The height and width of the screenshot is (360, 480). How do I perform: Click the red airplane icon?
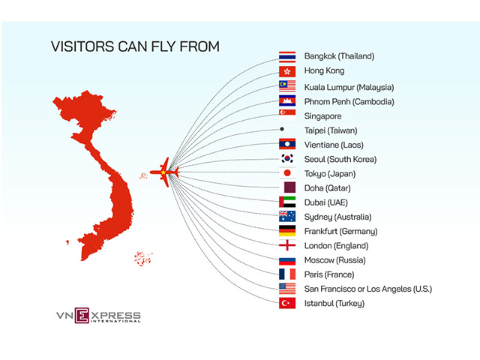point(164,172)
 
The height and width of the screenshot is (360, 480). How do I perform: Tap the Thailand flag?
point(287,57)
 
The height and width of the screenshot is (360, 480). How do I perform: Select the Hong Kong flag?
point(287,71)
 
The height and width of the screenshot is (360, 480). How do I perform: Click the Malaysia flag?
point(287,86)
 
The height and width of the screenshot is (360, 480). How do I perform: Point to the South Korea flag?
point(287,158)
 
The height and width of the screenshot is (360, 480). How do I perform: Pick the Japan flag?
point(287,173)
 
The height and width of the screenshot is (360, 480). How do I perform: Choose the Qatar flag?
point(289,187)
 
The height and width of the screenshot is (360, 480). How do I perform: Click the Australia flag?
point(287,216)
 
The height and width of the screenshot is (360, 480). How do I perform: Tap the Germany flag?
point(287,231)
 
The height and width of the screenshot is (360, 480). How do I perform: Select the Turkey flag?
point(287,303)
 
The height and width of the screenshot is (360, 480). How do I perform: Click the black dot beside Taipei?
point(282,129)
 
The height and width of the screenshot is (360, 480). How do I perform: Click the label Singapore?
point(322,116)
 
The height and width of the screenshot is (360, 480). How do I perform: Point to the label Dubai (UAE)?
point(326,202)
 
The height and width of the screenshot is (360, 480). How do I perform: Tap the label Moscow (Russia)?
point(335,260)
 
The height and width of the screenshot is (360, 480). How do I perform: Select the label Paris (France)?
point(329,274)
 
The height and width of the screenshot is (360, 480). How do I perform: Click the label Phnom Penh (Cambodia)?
point(349,102)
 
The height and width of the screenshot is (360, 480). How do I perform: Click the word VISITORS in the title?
point(82,46)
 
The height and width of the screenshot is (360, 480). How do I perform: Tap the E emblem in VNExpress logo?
point(82,315)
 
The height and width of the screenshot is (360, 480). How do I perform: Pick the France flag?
point(287,274)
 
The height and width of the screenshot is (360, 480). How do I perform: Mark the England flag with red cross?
point(287,245)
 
